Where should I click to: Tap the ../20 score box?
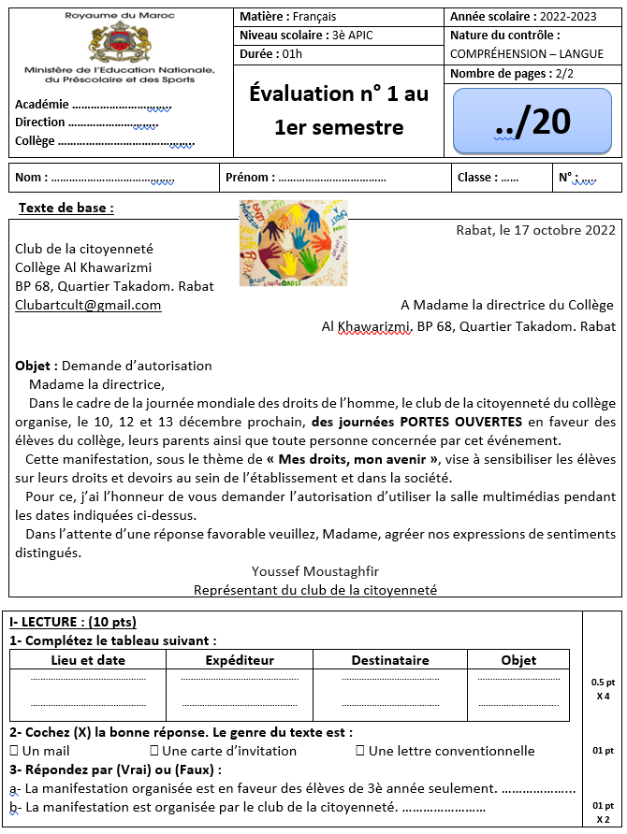(x=532, y=121)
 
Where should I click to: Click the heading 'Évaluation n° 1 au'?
(x=339, y=93)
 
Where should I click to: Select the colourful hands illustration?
(x=293, y=242)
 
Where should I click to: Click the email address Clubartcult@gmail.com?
(x=88, y=305)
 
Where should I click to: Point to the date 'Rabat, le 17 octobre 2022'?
(x=535, y=230)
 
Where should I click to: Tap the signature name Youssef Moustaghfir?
(x=315, y=571)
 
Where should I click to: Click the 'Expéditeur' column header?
(x=240, y=660)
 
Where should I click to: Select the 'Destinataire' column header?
(x=390, y=660)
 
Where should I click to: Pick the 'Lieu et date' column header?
(x=88, y=660)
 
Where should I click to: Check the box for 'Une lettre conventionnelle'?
(x=360, y=751)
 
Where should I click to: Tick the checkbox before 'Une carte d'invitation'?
(x=154, y=751)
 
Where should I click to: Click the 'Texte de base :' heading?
(x=66, y=208)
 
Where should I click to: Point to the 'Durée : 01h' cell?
(x=271, y=53)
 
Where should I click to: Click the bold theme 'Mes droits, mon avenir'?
(x=353, y=459)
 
